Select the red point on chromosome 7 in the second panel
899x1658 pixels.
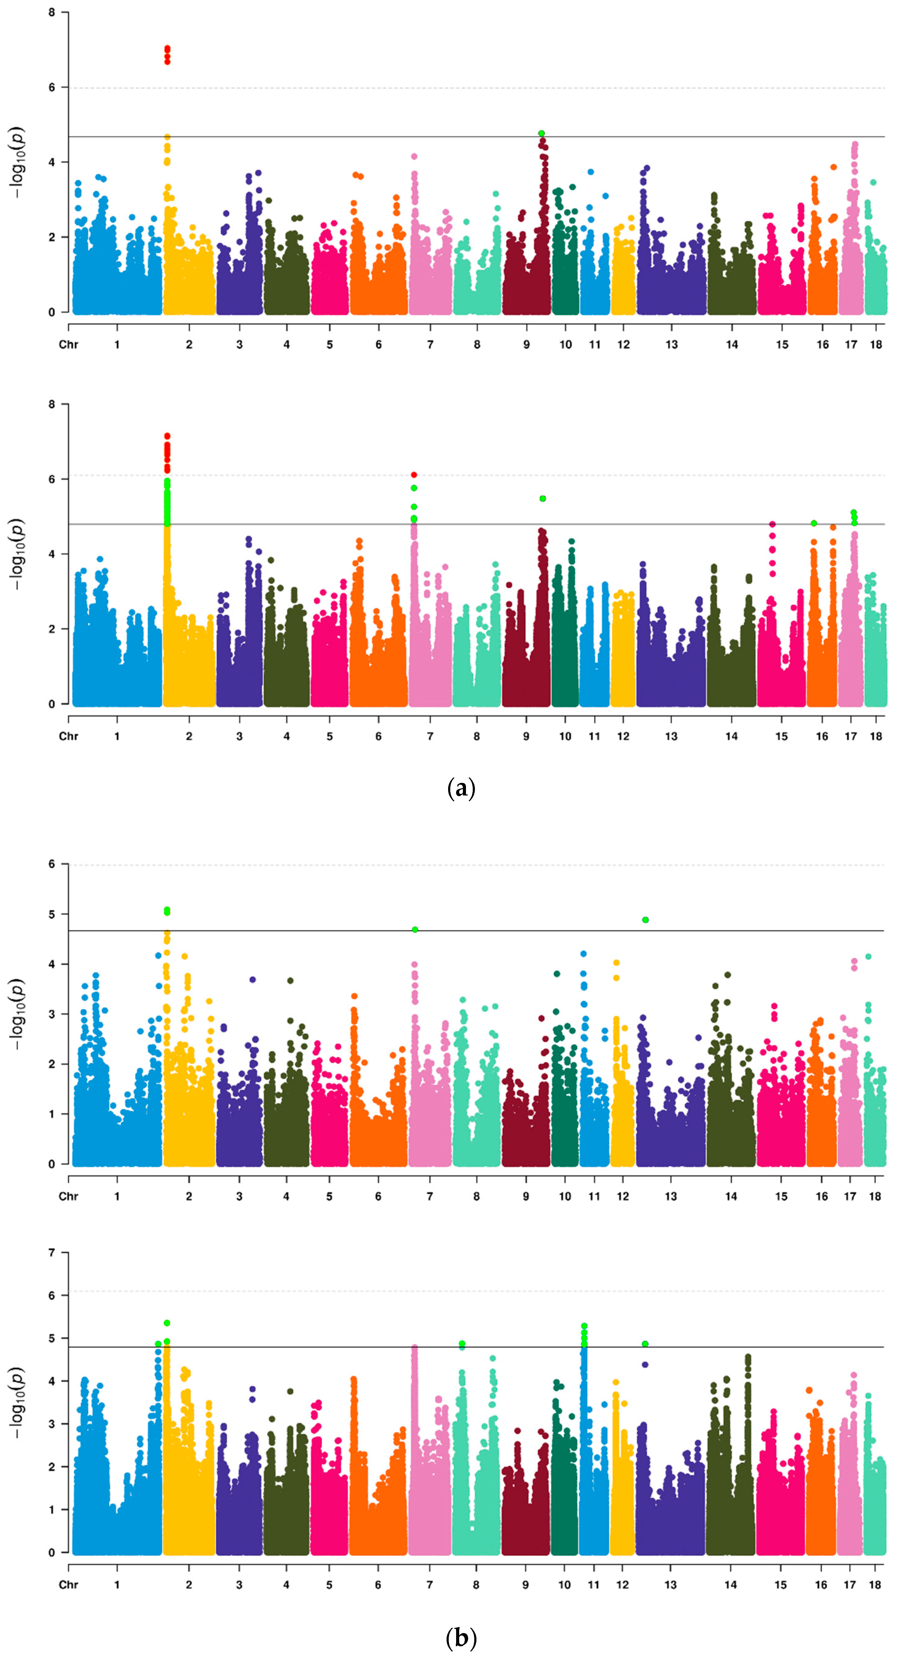(414, 475)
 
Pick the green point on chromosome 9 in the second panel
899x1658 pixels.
(543, 499)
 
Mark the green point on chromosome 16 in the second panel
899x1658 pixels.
(814, 523)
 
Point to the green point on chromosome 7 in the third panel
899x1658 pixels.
(415, 929)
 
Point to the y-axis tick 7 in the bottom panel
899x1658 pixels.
(51, 1253)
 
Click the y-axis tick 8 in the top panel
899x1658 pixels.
(51, 12)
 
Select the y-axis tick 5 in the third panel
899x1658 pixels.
(51, 914)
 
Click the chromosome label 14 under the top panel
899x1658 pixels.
(732, 344)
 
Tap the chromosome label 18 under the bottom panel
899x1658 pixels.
(874, 1584)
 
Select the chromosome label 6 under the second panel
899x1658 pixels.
(379, 736)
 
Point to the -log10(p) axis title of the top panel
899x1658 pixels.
(18, 162)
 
